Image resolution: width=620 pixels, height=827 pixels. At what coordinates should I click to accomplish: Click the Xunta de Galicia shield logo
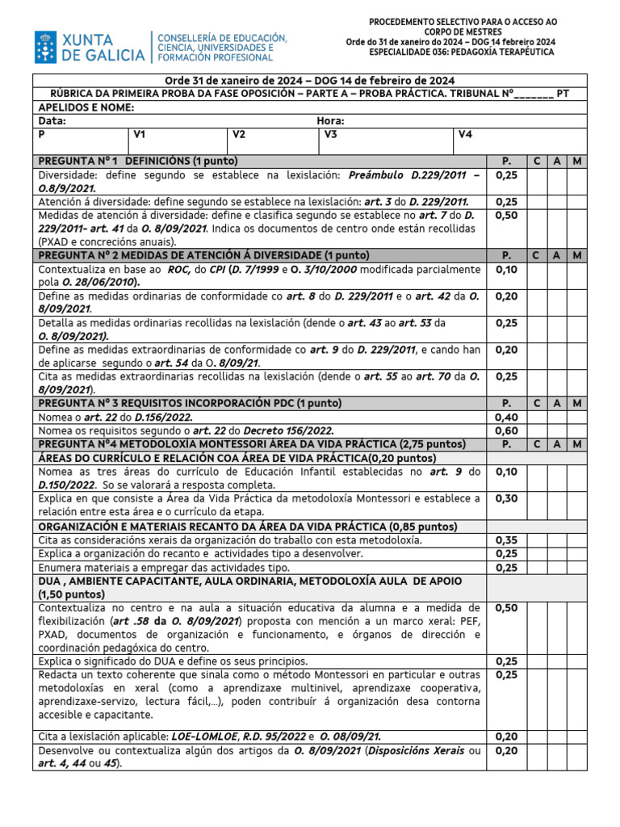46,48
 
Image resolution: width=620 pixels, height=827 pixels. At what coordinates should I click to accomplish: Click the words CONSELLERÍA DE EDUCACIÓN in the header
221,38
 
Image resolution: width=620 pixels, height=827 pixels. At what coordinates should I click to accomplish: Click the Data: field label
52,121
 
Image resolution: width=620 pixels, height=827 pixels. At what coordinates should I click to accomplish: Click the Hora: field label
331,121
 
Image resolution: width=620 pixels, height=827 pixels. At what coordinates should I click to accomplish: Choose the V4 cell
465,135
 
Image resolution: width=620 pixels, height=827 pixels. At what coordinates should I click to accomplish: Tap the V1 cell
140,135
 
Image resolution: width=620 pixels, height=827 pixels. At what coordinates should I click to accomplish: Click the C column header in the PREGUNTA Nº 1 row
537,161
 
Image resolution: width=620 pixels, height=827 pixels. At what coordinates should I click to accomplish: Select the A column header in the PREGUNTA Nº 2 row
557,254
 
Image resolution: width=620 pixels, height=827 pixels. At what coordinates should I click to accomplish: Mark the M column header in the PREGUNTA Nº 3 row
577,402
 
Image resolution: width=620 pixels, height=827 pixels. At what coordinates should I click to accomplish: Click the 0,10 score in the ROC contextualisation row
506,269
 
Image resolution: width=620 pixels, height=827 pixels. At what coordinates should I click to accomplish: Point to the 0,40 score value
506,417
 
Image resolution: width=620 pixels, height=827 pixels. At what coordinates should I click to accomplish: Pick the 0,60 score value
506,430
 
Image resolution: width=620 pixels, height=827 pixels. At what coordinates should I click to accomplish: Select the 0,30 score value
506,498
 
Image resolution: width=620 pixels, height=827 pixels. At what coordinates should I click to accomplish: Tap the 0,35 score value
506,539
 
